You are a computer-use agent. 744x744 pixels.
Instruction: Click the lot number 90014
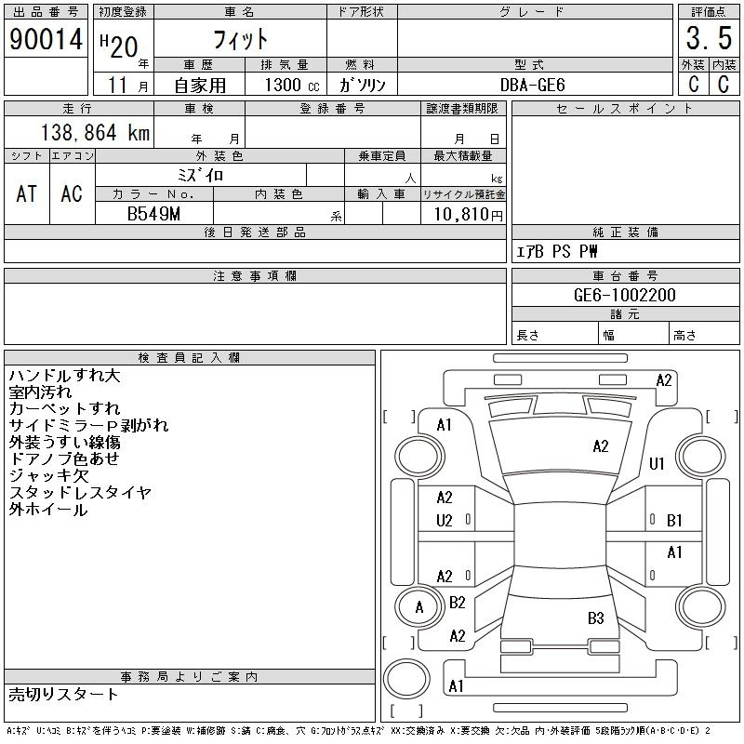tap(46, 40)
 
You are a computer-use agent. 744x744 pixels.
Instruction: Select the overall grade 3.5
tap(708, 40)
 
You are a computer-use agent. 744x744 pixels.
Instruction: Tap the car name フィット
tap(240, 39)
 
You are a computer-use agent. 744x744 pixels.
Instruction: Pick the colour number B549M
tap(154, 214)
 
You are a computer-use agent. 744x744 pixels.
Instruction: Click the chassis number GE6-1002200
tap(625, 296)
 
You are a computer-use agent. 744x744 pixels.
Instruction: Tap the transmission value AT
tap(27, 193)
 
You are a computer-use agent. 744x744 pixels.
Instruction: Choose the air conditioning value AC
tap(72, 193)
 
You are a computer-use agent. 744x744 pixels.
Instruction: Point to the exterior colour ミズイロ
tap(200, 174)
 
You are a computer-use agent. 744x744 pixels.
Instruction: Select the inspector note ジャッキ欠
tap(48, 476)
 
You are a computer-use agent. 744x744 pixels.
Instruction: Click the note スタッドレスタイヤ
tap(80, 493)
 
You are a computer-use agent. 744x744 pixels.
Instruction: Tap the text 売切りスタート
tap(64, 694)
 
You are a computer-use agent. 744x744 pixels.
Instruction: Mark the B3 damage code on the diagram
tap(595, 618)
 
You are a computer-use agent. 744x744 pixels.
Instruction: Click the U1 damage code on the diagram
tap(657, 463)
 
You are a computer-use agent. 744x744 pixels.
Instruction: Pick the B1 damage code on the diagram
tap(674, 521)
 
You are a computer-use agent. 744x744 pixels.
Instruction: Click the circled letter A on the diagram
tap(418, 607)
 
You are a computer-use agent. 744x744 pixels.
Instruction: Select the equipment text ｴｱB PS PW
tap(557, 251)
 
